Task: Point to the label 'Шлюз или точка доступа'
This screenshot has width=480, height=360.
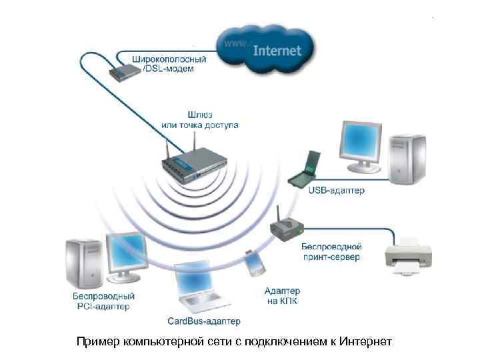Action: coord(199,119)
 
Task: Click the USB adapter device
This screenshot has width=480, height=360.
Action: coord(304,171)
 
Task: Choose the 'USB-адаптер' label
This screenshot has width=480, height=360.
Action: coord(336,191)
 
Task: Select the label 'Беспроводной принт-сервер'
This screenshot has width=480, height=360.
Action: coord(331,252)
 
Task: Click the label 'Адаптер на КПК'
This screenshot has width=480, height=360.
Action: coord(282,296)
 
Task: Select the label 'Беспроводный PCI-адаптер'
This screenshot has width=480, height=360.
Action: coord(103,301)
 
